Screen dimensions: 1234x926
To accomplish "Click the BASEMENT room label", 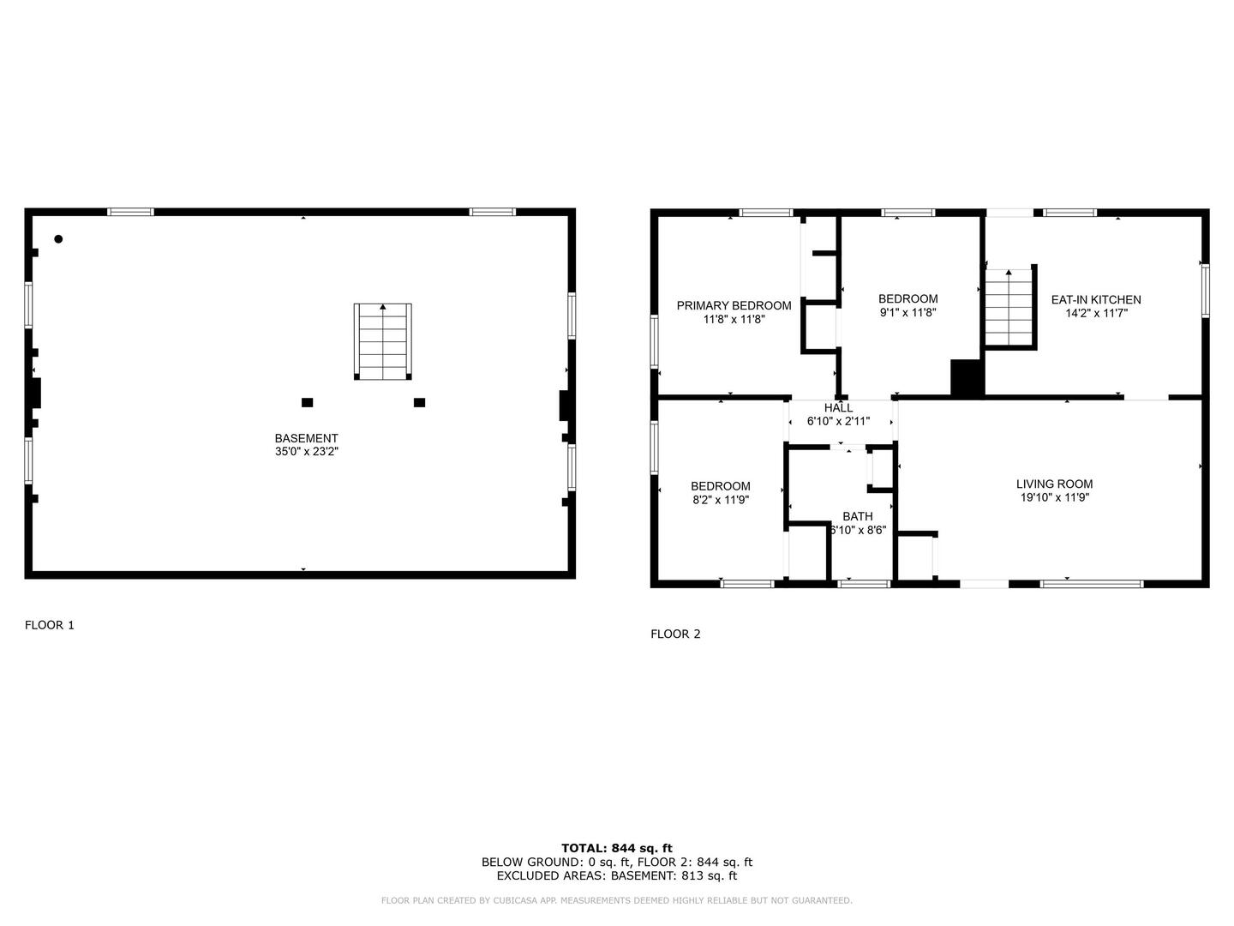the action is point(306,438).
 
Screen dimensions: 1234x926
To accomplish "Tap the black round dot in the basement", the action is point(58,239).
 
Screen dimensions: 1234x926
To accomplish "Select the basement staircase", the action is point(382,341).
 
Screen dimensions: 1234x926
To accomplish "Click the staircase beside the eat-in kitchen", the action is point(1009,307).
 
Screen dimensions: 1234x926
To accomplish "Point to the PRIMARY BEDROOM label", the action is point(734,305).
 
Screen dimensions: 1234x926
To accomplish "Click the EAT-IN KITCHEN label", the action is point(1096,300).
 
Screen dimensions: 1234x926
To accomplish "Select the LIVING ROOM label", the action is point(1054,484).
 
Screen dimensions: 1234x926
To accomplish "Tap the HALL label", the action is point(838,407).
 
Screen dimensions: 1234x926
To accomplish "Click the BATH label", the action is point(857,516).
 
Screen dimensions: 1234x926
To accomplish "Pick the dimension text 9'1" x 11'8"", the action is point(908,313).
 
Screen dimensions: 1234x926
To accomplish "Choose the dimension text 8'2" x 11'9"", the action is point(720,500).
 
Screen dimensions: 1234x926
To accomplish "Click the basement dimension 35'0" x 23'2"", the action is point(307,452).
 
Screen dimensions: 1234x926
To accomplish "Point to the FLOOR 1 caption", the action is point(50,625).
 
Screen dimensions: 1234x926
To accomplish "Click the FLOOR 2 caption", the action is point(675,634).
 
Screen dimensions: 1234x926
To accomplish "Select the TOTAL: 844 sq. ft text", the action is point(617,848).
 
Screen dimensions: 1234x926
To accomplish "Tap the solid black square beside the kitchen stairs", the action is point(967,378).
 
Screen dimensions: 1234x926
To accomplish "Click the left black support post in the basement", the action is point(307,403).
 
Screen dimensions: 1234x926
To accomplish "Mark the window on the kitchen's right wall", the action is point(1206,291).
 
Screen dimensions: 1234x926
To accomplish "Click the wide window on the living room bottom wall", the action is point(1091,584).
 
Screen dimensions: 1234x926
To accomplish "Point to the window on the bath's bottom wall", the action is point(864,584).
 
